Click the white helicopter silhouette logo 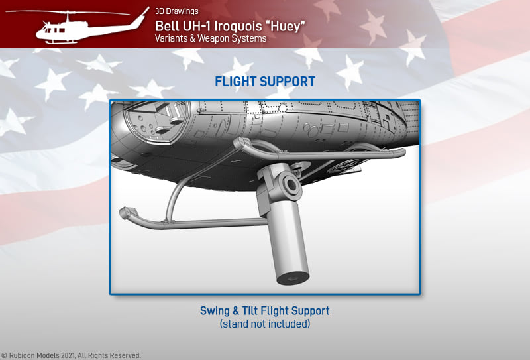coord(78,27)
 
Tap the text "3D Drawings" coord(177,11)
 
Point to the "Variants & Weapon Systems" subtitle coord(211,38)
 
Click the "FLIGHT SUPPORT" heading coord(265,82)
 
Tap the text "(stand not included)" coord(265,324)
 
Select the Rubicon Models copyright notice coord(71,355)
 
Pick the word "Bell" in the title coord(166,26)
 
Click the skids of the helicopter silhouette coord(62,42)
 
